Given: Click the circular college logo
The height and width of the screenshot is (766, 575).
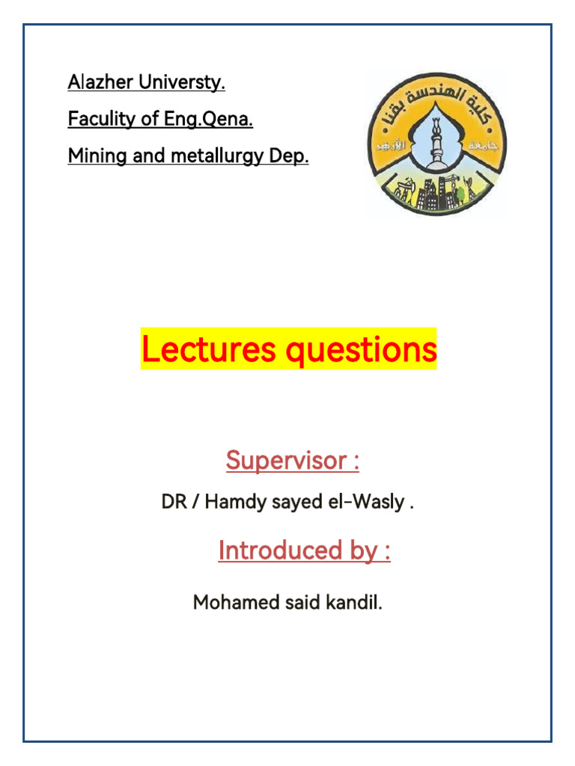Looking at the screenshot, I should pyautogui.click(x=436, y=144).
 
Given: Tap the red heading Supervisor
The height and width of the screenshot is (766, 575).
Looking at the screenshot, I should pyautogui.click(x=285, y=461).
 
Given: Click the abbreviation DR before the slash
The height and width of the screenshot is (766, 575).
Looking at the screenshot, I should pyautogui.click(x=173, y=502).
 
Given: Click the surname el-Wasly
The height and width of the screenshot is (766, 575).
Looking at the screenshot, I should pyautogui.click(x=371, y=502).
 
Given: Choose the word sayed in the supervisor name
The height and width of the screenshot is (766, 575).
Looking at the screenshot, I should pyautogui.click(x=294, y=502).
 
